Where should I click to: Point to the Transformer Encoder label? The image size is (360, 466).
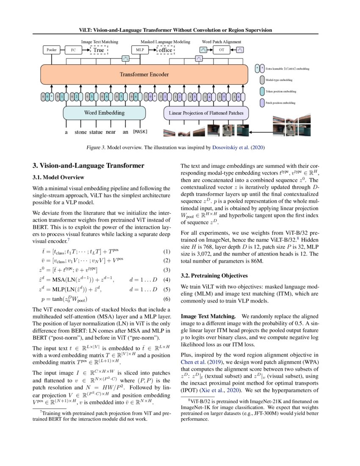pos(144,75)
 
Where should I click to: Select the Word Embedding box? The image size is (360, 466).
pos(104,113)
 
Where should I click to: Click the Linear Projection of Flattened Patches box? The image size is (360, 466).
pos(206,113)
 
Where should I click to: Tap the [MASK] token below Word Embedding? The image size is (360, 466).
pos(140,132)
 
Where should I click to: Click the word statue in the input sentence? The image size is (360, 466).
pos(96,132)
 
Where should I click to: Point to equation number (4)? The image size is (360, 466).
pos(166,280)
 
